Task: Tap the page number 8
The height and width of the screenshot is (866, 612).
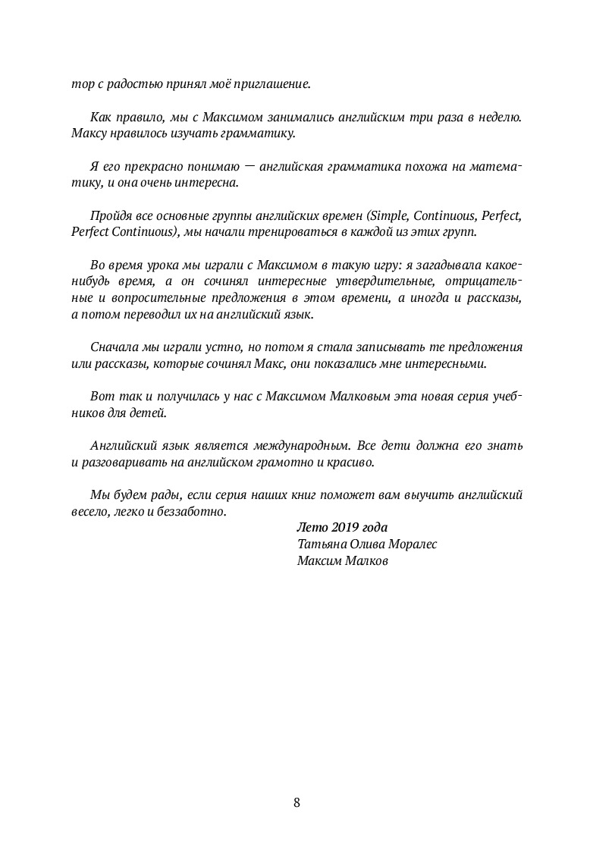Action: click(297, 803)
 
